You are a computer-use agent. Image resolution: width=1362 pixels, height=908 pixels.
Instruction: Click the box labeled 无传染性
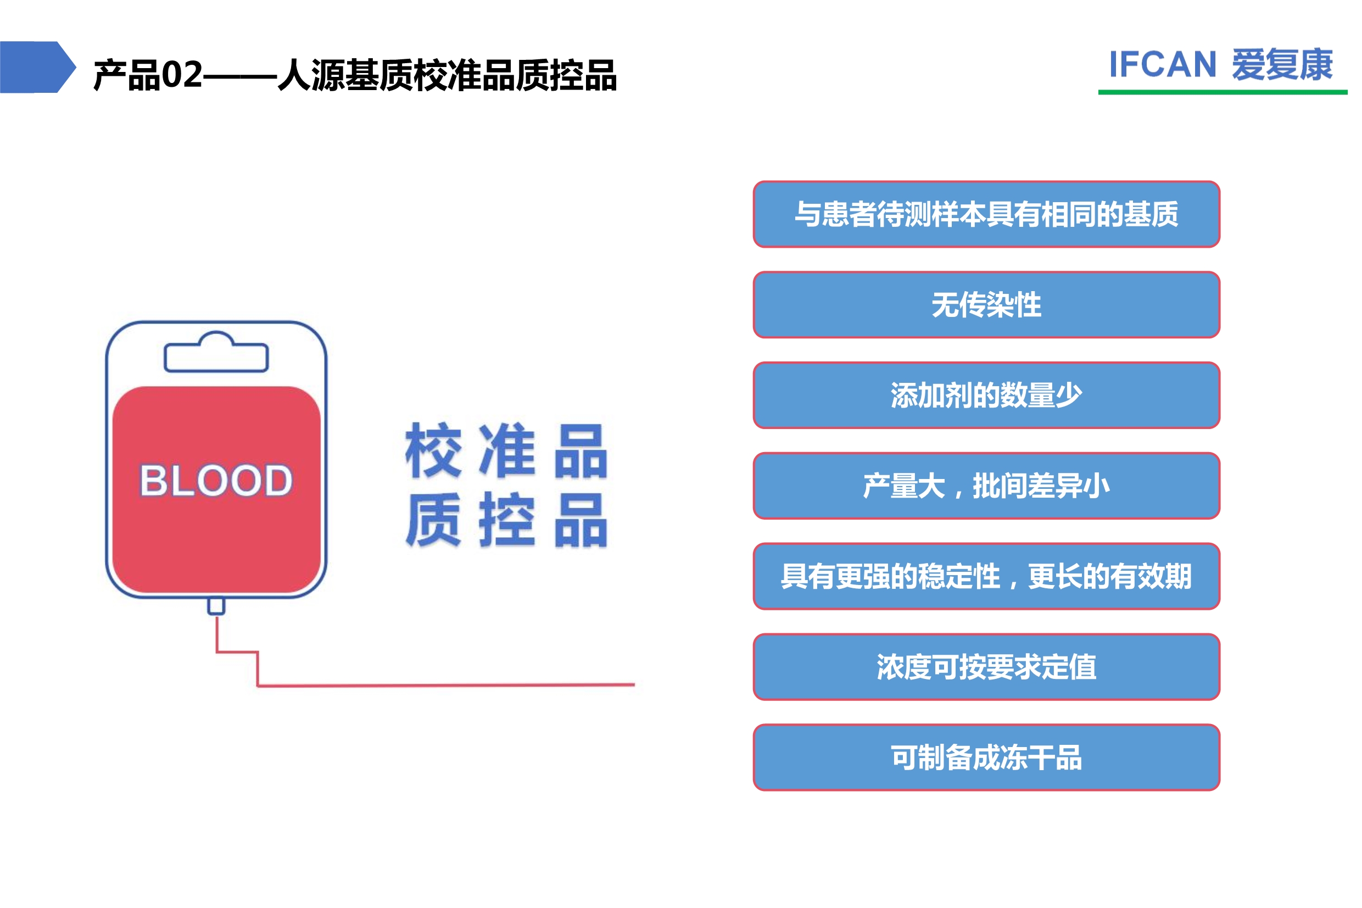click(x=986, y=305)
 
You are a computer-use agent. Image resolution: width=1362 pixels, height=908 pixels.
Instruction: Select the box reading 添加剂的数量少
click(x=986, y=395)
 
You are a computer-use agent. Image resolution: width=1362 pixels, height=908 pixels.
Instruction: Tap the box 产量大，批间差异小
click(x=986, y=486)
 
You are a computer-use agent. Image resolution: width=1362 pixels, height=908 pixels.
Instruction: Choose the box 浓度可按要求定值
click(x=986, y=666)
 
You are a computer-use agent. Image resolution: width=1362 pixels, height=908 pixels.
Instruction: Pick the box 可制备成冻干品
click(x=986, y=757)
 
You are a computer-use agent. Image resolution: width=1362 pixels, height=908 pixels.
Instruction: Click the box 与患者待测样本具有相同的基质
click(x=986, y=214)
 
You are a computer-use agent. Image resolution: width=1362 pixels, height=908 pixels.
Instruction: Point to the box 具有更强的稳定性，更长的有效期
click(x=986, y=576)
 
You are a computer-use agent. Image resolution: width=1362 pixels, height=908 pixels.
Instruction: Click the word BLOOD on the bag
click(x=216, y=480)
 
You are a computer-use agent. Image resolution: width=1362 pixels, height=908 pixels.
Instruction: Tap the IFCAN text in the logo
click(x=1162, y=64)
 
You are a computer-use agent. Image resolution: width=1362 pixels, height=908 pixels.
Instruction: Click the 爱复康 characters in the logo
click(x=1282, y=64)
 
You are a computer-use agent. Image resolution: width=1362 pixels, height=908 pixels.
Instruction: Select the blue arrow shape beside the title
click(x=38, y=66)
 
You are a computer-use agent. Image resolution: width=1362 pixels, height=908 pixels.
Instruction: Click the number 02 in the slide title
click(x=182, y=75)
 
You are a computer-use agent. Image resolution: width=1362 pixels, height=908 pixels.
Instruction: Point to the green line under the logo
click(x=1223, y=92)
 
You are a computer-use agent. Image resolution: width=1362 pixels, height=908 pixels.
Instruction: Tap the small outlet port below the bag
click(x=216, y=606)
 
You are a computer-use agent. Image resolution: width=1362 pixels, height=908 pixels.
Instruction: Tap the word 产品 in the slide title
click(x=127, y=75)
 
